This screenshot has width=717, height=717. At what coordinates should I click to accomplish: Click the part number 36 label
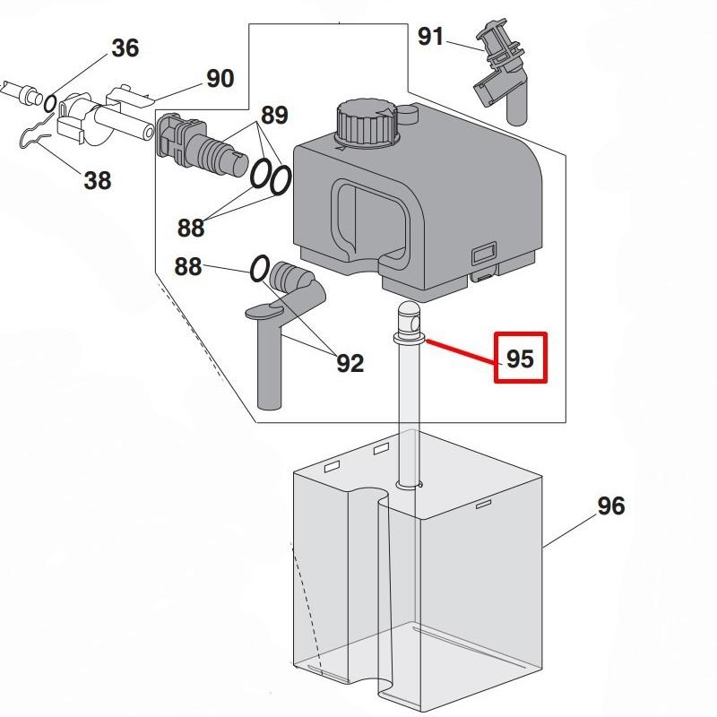point(125,48)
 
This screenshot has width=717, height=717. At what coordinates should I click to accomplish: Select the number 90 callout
point(220,79)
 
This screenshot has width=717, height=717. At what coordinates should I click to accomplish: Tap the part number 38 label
point(98,180)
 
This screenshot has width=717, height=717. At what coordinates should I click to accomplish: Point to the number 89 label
point(274,116)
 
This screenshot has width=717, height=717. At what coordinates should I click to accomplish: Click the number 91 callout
point(431,37)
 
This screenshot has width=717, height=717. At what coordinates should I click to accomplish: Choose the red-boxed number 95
point(520,358)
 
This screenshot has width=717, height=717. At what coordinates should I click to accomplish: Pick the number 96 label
point(610,505)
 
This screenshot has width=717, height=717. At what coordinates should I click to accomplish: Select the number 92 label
point(350,363)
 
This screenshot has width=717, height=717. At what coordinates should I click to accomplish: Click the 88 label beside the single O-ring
point(188,267)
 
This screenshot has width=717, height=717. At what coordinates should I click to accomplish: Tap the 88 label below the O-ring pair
point(190,228)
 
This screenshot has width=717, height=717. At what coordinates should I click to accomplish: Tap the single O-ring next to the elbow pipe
point(259,268)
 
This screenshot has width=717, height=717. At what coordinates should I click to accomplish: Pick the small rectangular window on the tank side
point(486,255)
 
